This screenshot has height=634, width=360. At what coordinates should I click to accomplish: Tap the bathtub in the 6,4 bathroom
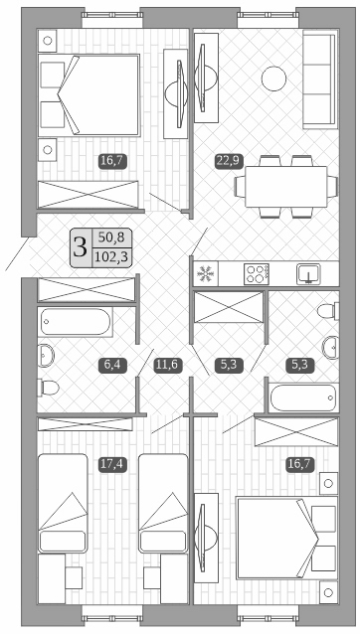[76, 322]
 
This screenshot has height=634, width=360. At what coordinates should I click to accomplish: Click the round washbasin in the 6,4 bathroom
[45, 354]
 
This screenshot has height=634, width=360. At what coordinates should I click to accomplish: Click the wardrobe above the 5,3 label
[229, 310]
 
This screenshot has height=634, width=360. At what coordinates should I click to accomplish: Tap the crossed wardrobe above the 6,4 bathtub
[85, 288]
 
